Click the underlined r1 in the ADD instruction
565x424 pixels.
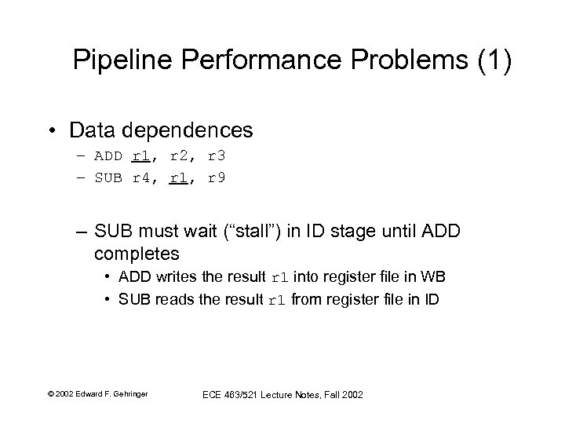(140, 155)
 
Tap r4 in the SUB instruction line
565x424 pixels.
(140, 177)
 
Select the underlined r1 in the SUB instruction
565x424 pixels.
(177, 177)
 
